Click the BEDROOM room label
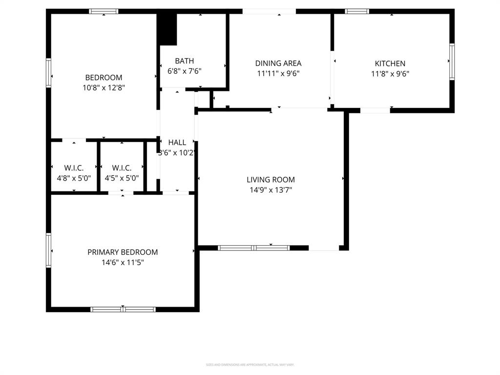click(x=104, y=77)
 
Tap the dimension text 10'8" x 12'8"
click(x=104, y=88)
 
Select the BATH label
click(x=184, y=61)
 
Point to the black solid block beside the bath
click(x=167, y=28)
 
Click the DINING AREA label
click(x=278, y=63)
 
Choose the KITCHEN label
click(x=390, y=63)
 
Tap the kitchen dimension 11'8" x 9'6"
click(x=390, y=74)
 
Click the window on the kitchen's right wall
click(x=452, y=62)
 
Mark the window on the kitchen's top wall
click(x=357, y=11)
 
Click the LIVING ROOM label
click(x=271, y=180)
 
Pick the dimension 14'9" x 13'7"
click(x=271, y=190)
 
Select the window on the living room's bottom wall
click(x=253, y=248)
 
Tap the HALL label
click(x=177, y=142)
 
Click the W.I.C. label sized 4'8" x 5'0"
click(x=74, y=167)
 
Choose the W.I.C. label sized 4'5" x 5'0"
click(x=122, y=167)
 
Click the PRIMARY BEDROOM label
click(x=123, y=252)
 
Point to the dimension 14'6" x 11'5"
click(x=123, y=263)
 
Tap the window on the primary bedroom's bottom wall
click(x=123, y=309)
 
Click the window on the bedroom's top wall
click(x=104, y=11)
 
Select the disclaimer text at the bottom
click(x=250, y=365)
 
